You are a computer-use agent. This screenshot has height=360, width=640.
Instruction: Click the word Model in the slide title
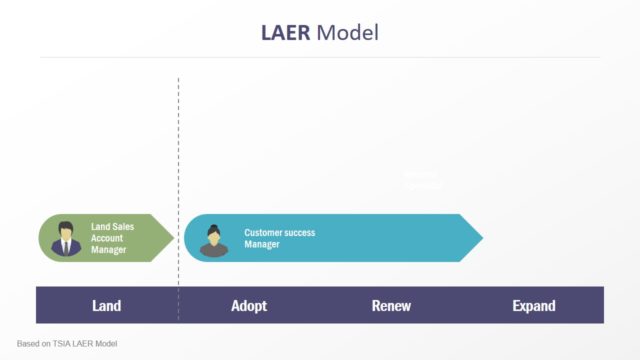click(347, 32)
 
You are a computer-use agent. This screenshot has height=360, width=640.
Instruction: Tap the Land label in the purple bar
click(106, 306)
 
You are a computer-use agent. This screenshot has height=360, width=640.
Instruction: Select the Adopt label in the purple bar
click(249, 306)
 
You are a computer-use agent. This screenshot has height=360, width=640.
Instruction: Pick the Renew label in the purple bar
click(391, 306)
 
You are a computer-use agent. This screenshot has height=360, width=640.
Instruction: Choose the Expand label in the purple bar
click(533, 306)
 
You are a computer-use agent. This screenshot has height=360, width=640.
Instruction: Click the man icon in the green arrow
click(67, 239)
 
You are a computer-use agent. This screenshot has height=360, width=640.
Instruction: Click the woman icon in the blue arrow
click(213, 240)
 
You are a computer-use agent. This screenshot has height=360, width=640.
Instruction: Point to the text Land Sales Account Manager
click(112, 238)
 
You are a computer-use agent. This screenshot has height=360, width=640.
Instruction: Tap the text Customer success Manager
click(279, 238)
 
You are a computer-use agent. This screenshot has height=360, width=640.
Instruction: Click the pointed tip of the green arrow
click(173, 238)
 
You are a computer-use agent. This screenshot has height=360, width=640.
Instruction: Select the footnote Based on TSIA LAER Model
click(67, 343)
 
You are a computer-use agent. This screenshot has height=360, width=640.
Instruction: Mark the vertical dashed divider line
click(179, 150)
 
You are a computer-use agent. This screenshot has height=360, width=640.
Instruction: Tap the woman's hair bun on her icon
click(213, 228)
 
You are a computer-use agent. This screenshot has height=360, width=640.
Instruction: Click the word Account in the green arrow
click(108, 238)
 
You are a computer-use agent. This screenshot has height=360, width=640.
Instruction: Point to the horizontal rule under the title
click(320, 57)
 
